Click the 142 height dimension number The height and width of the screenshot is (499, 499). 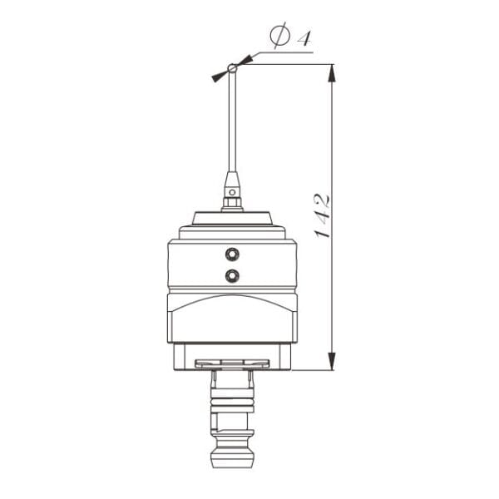[x=323, y=215]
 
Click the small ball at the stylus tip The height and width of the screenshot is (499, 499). [x=233, y=67]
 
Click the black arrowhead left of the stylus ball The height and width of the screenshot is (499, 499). [x=219, y=76]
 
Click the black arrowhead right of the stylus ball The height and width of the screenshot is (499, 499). [x=246, y=60]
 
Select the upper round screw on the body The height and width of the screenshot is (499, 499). [x=232, y=253]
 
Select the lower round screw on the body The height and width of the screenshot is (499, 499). [x=232, y=274]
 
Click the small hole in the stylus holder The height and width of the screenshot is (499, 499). [x=233, y=190]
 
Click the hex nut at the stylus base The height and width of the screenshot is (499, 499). [x=233, y=202]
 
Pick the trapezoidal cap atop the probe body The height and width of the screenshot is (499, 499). [x=233, y=219]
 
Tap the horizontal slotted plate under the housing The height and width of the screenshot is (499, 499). [x=232, y=363]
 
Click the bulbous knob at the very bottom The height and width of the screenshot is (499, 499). [x=233, y=455]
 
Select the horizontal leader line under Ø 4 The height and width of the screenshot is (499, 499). [x=283, y=52]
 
